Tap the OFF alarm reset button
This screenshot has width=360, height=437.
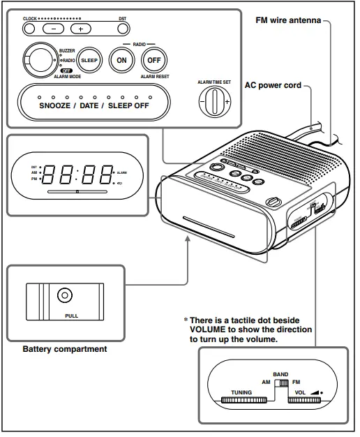[154, 60]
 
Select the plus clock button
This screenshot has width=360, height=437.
[80, 29]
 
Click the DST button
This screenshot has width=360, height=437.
[123, 29]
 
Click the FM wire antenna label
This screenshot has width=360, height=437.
[288, 21]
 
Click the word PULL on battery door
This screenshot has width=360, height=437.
[64, 316]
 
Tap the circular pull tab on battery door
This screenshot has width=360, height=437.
[64, 295]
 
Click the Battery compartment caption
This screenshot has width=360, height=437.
[65, 349]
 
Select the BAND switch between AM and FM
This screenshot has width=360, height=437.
[281, 383]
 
